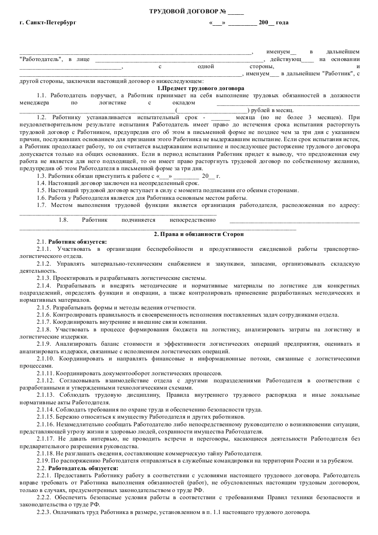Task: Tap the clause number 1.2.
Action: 41,117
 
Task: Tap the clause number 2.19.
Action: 42,460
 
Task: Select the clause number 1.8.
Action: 64,220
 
